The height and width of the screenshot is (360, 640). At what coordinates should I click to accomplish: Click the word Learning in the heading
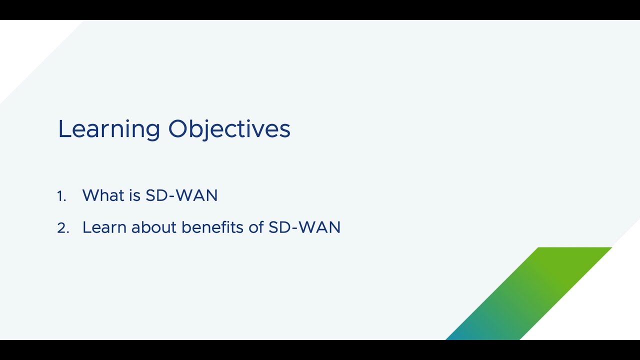pyautogui.click(x=109, y=130)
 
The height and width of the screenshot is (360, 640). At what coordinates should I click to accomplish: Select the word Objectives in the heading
pyautogui.click(x=229, y=130)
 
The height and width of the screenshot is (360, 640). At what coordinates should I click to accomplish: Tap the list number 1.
pyautogui.click(x=61, y=196)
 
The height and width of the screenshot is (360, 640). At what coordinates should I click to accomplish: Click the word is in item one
pyautogui.click(x=135, y=195)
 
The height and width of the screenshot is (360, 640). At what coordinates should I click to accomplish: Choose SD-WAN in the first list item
pyautogui.click(x=181, y=195)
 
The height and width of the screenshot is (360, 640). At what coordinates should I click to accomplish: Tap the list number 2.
pyautogui.click(x=63, y=228)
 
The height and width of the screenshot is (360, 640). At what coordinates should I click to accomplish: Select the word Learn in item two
pyautogui.click(x=104, y=227)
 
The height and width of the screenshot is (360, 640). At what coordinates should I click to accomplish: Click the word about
pyautogui.click(x=153, y=227)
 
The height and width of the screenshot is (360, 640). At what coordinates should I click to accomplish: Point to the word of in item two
pyautogui.click(x=256, y=227)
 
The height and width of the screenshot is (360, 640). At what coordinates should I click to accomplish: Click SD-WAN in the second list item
pyautogui.click(x=304, y=227)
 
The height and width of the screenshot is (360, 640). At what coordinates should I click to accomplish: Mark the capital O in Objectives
pyautogui.click(x=177, y=128)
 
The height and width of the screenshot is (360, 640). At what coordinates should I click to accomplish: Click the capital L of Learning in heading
pyautogui.click(x=64, y=129)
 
